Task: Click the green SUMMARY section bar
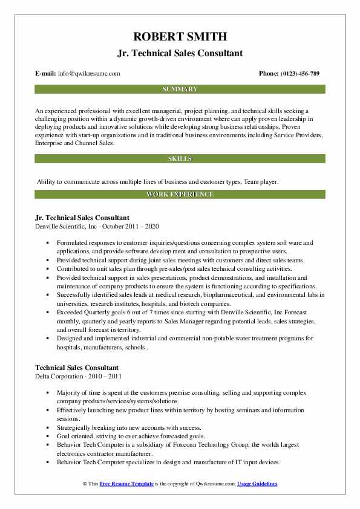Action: pyautogui.click(x=180, y=89)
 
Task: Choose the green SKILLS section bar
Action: pyautogui.click(x=180, y=159)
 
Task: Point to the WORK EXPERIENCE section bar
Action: pyautogui.click(x=180, y=194)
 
